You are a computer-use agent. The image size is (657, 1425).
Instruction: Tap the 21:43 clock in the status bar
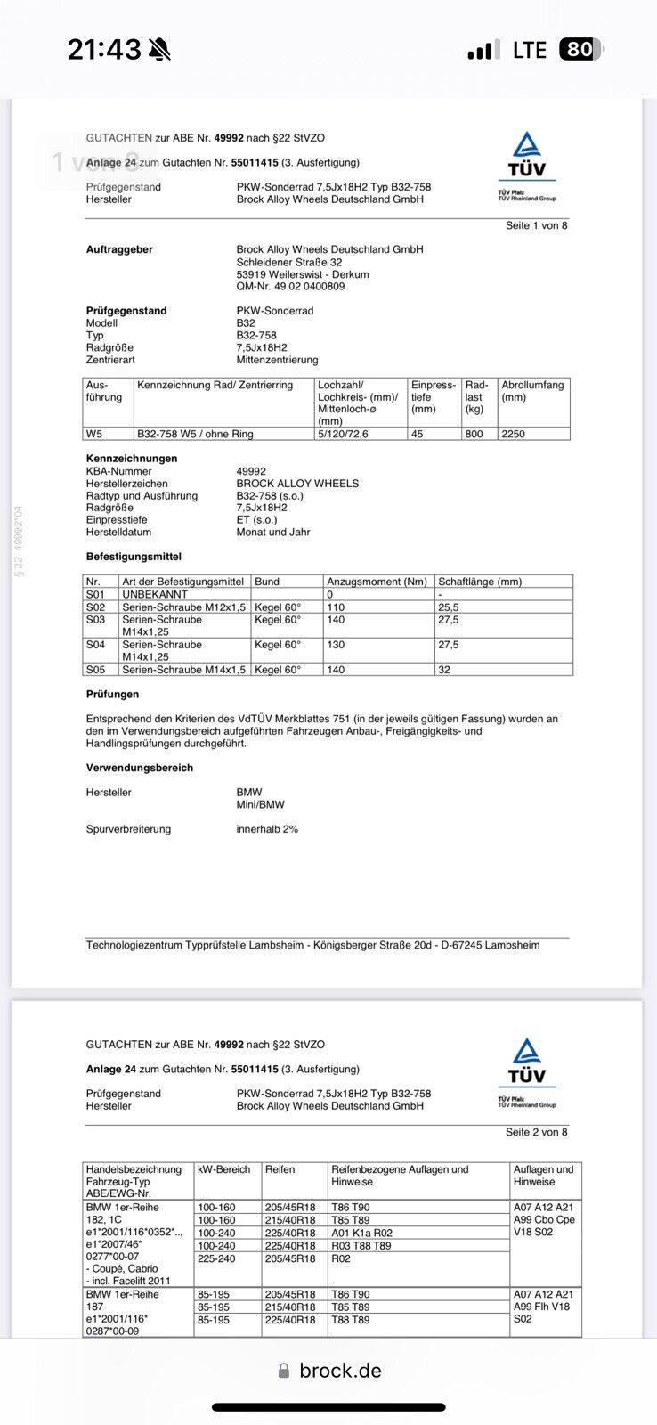tap(104, 50)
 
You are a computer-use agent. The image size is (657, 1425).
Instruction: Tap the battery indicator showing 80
tap(580, 50)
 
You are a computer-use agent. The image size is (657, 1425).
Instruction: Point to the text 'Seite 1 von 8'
tap(536, 225)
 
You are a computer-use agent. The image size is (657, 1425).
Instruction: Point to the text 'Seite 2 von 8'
tap(536, 1132)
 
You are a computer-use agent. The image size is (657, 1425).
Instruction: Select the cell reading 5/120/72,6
tap(343, 434)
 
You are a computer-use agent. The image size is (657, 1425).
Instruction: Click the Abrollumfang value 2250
tap(514, 434)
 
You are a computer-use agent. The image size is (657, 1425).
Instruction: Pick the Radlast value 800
tap(474, 434)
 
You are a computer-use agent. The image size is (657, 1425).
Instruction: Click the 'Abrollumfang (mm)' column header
tap(532, 391)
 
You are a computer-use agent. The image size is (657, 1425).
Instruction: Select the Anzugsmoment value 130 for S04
tap(336, 645)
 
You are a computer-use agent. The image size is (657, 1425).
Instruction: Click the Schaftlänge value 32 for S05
tap(444, 670)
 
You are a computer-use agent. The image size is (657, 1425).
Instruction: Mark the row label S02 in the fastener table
tap(95, 607)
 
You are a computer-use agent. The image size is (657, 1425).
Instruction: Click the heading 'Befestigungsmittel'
tap(134, 557)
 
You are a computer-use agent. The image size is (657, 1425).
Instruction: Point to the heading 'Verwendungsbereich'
tap(140, 768)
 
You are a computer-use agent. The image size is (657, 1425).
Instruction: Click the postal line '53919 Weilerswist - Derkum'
tap(303, 274)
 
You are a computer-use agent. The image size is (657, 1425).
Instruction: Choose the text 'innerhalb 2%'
tap(267, 829)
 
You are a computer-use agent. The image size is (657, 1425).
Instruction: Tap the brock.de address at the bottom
tap(340, 1371)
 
